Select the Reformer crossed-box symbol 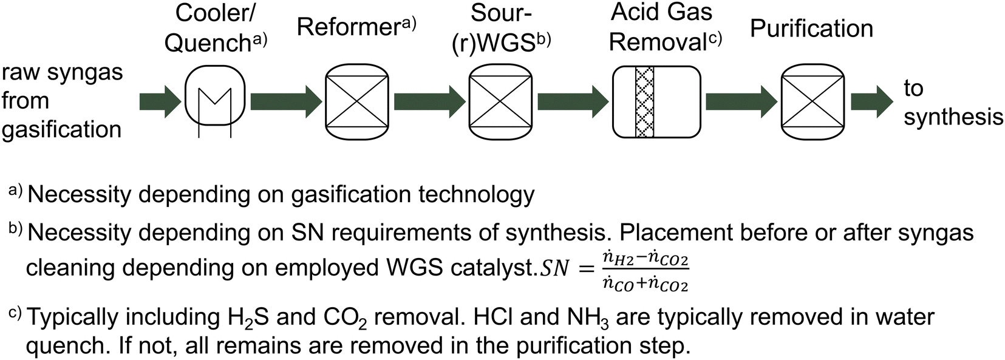pos(357,101)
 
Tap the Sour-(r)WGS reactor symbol pos(500,101)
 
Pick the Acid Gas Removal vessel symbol pos(656,101)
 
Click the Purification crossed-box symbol pos(813,101)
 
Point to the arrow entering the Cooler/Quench pos(160,101)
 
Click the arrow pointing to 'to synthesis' pos(871,101)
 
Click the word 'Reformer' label pos(348,27)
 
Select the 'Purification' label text pos(811,28)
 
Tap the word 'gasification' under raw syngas pos(61,129)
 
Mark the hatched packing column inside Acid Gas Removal pos(644,101)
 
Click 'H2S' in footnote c pos(247,318)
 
